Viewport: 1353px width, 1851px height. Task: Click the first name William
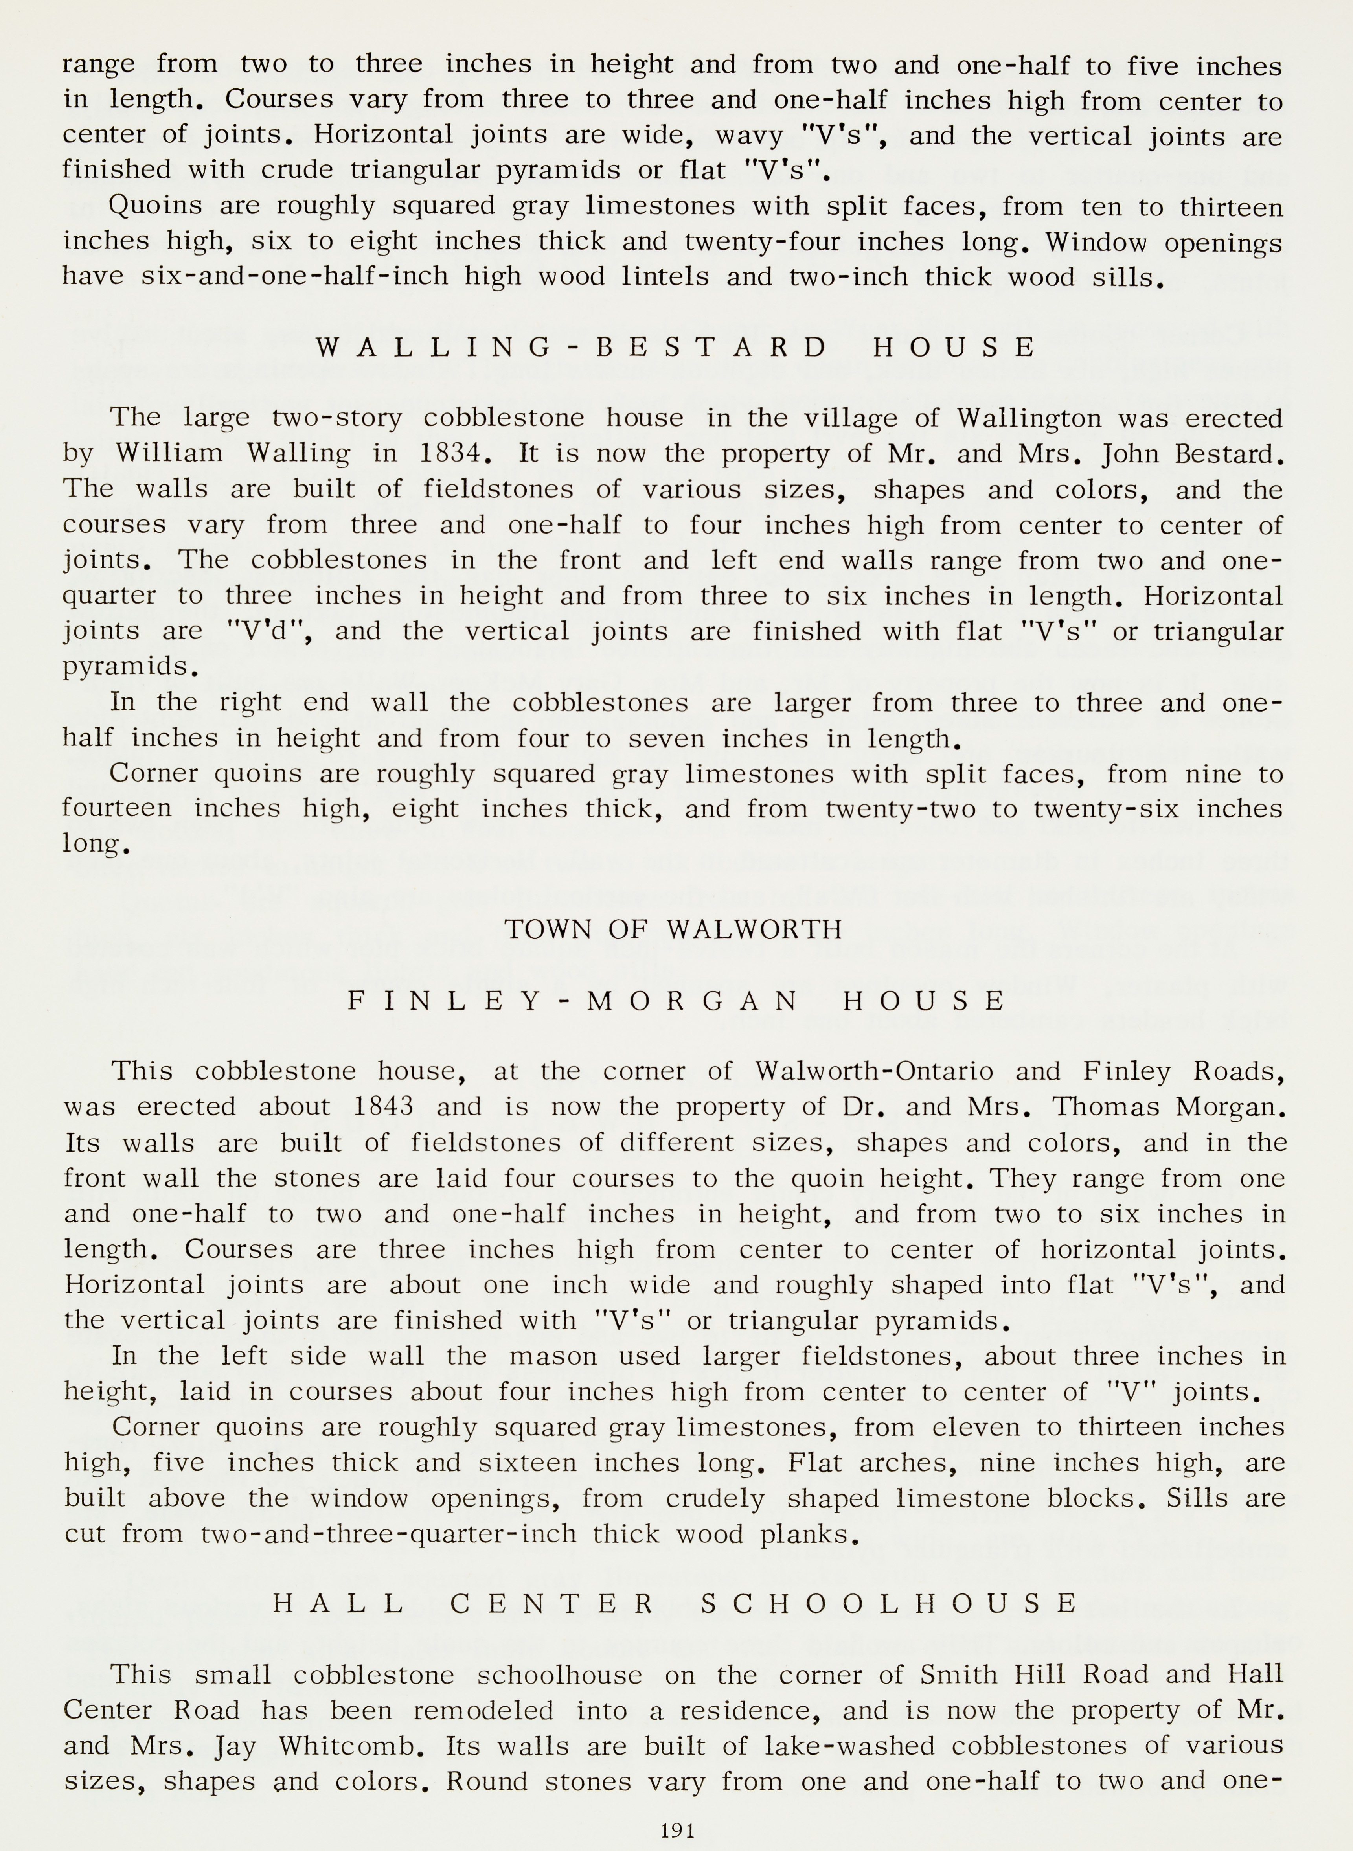coord(169,453)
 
